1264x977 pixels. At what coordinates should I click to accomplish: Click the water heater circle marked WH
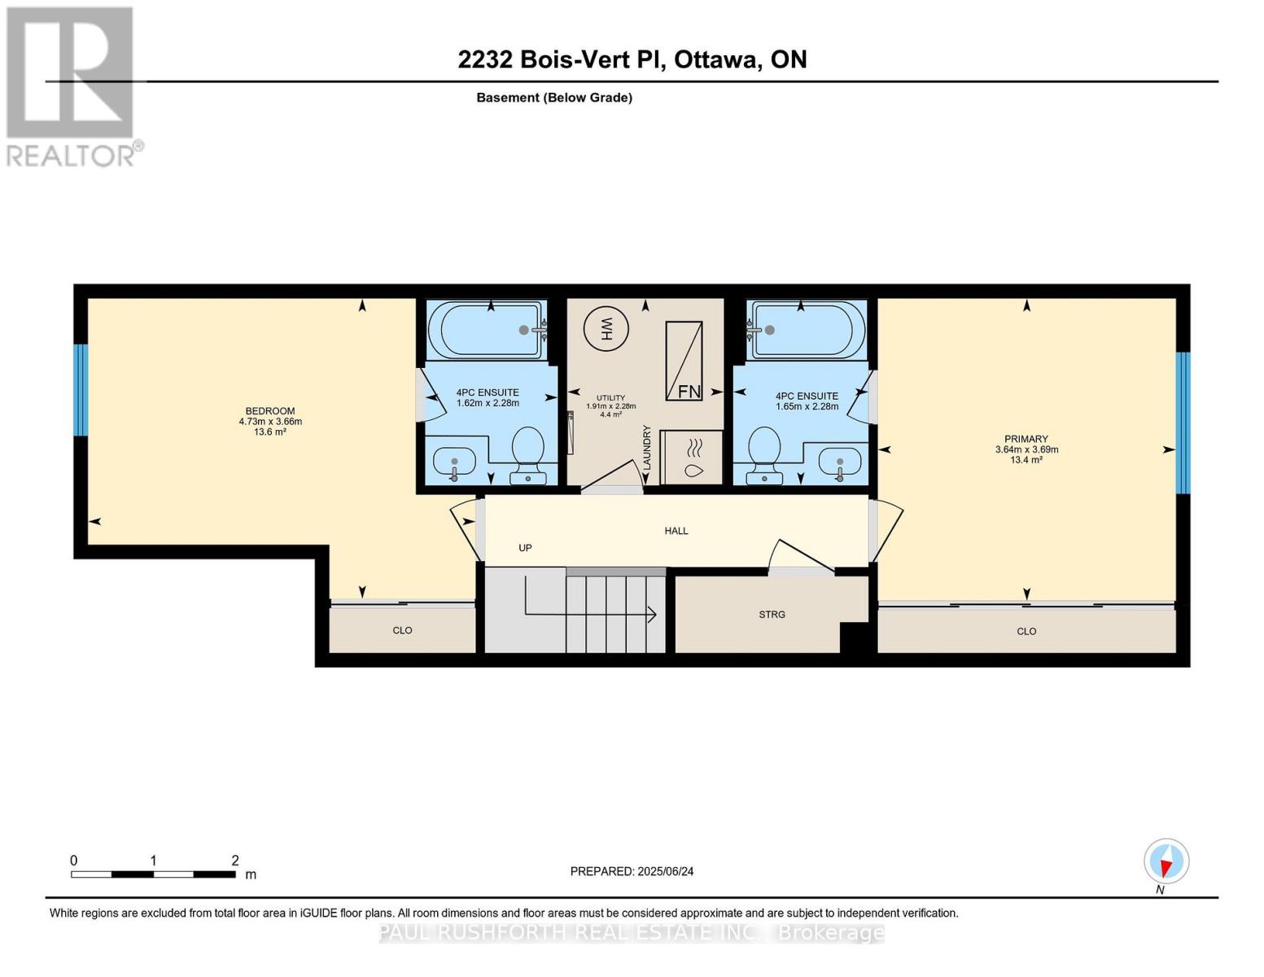[x=606, y=329]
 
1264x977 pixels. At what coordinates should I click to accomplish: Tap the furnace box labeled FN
[x=684, y=361]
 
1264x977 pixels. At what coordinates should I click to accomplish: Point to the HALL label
[x=676, y=531]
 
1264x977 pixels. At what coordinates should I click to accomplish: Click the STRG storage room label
[x=772, y=615]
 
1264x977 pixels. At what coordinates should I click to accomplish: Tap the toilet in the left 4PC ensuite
[x=527, y=452]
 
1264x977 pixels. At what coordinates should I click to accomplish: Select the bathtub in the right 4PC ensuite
[x=808, y=330]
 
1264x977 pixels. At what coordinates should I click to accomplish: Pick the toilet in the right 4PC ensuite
[x=764, y=452]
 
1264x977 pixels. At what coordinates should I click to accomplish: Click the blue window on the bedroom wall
[x=80, y=390]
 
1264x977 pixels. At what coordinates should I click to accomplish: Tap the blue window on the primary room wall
[x=1183, y=423]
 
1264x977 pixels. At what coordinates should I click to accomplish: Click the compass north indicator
[x=1166, y=861]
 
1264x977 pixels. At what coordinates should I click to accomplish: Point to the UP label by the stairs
[x=525, y=548]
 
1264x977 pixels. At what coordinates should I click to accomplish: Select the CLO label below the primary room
[x=1026, y=631]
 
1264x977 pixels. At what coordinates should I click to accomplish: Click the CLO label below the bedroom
[x=402, y=630]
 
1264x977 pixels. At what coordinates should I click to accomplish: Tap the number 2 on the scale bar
[x=235, y=861]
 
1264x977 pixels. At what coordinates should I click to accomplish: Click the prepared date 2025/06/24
[x=665, y=871]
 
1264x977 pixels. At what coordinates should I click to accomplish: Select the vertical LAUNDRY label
[x=648, y=447]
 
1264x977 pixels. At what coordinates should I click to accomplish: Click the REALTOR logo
[x=72, y=86]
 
